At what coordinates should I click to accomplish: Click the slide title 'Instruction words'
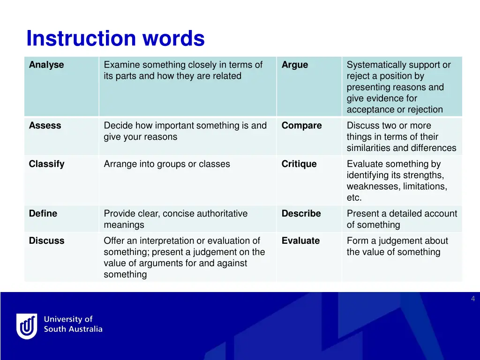click(x=115, y=38)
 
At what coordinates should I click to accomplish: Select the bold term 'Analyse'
click(x=46, y=65)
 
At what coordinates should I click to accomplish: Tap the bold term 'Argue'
click(x=295, y=65)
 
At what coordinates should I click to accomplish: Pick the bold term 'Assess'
click(x=45, y=126)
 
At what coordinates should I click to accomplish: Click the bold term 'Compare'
click(x=301, y=126)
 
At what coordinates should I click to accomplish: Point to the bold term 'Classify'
click(x=46, y=164)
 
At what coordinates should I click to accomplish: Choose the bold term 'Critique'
click(x=299, y=164)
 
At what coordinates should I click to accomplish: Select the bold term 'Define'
click(x=43, y=214)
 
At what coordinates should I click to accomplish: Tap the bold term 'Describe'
click(x=301, y=214)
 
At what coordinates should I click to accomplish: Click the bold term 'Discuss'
click(x=46, y=241)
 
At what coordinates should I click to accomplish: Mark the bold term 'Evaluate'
click(x=300, y=241)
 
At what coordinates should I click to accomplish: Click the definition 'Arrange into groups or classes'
click(x=167, y=164)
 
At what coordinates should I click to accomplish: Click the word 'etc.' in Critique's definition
click(x=354, y=198)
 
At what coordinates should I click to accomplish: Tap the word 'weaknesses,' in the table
click(x=373, y=187)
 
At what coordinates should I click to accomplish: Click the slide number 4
click(x=472, y=299)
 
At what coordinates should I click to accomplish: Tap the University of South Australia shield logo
click(x=27, y=326)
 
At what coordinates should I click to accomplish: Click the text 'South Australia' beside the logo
click(x=73, y=330)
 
